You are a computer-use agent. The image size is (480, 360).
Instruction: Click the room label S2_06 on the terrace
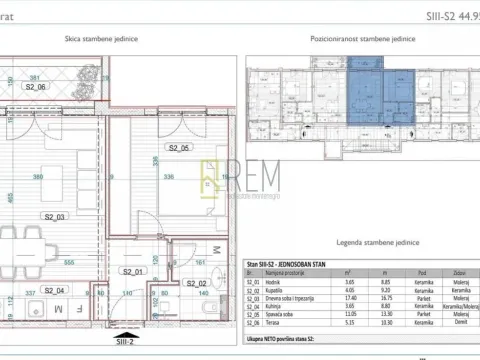point(35,87)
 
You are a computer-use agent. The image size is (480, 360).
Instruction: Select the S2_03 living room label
point(53,216)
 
